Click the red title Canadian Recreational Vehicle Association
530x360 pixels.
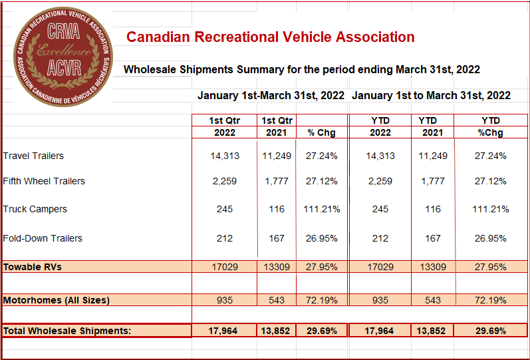click(271, 37)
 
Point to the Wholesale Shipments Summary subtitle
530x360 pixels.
click(302, 69)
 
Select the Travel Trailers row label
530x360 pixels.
click(33, 156)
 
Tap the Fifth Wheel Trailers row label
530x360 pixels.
click(44, 181)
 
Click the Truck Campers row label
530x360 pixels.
click(35, 209)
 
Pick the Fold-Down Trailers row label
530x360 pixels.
click(43, 238)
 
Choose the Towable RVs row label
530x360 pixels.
click(33, 267)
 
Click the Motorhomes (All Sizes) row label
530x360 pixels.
click(57, 300)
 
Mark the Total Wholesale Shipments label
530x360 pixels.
click(67, 331)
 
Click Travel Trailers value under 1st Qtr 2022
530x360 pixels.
click(224, 156)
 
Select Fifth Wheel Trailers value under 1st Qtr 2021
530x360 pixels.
click(276, 181)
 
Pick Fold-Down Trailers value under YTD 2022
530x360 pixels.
click(380, 238)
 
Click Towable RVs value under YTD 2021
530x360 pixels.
click(433, 267)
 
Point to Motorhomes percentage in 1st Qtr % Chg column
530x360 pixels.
click(321, 300)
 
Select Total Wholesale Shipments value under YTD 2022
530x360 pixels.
click(380, 331)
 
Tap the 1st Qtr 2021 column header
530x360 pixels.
click(276, 126)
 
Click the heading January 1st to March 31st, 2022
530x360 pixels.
click(431, 95)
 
